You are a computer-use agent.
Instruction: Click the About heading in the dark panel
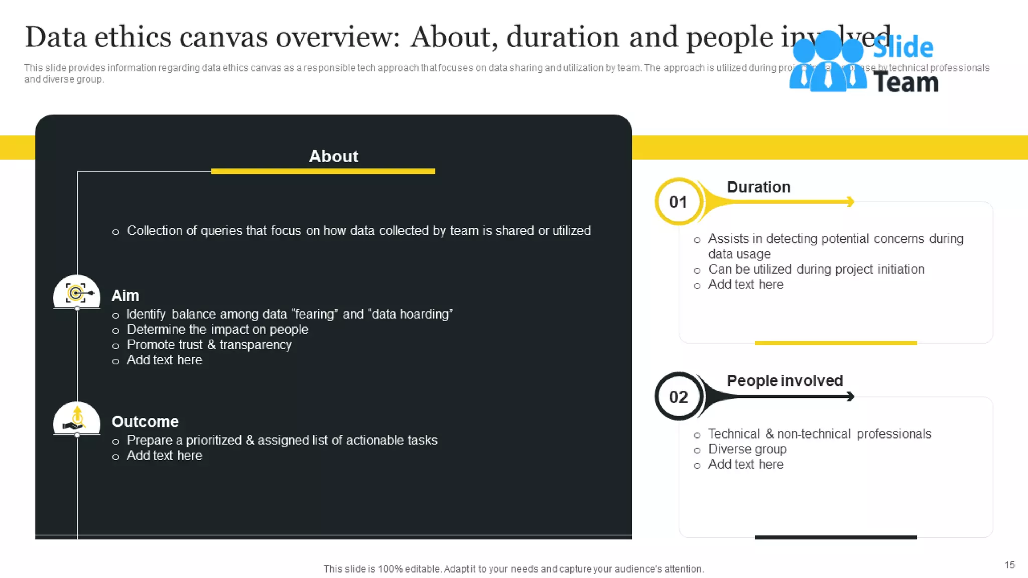point(333,156)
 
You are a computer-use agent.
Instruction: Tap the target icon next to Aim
point(76,293)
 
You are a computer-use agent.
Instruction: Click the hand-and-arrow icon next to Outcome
point(76,419)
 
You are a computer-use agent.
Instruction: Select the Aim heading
point(125,296)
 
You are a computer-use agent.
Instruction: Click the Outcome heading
point(145,421)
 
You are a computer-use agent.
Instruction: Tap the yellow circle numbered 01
point(678,202)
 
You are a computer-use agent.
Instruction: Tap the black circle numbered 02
point(678,397)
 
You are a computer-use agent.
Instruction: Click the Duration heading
point(758,187)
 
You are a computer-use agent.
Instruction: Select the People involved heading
point(785,381)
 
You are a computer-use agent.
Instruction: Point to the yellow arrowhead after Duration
point(850,202)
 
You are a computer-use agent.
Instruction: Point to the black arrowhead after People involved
point(850,397)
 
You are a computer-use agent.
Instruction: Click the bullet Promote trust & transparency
point(209,345)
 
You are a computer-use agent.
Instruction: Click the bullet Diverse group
point(747,449)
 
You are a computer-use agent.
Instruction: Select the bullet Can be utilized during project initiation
point(816,269)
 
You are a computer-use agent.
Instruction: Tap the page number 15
point(1009,565)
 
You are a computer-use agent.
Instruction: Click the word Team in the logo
point(906,82)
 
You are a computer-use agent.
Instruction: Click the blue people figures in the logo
point(827,63)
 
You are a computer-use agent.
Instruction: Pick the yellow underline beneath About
point(323,172)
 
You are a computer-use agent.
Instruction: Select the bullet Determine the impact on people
point(217,330)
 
